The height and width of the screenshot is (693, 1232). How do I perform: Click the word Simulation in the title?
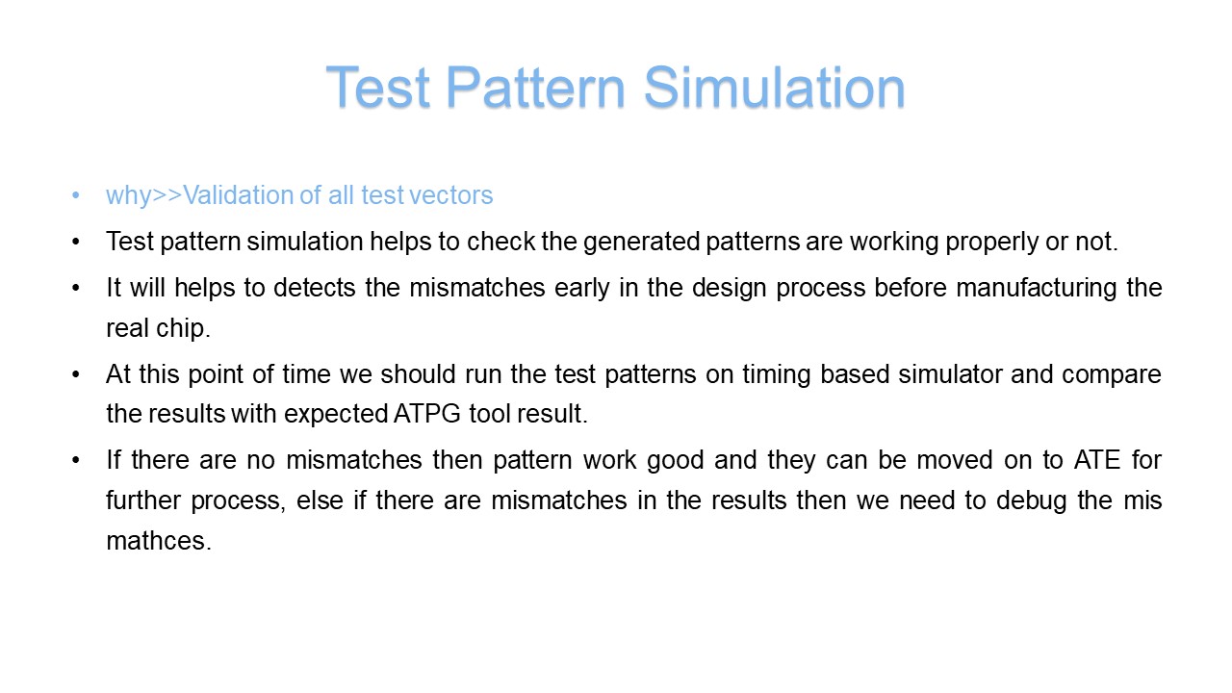[x=775, y=87]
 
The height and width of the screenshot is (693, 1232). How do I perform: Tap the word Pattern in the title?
[x=536, y=87]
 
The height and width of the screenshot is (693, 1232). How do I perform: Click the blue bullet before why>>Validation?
[x=76, y=195]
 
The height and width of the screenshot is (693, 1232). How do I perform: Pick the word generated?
[x=641, y=242]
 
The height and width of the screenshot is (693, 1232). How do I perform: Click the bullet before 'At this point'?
[x=76, y=374]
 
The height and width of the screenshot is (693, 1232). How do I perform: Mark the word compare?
[x=1111, y=375]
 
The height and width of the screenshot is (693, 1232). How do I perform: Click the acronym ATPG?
[x=426, y=414]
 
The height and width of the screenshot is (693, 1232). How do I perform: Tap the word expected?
[x=336, y=415]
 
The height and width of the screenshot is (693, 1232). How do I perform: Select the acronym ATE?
[x=1097, y=460]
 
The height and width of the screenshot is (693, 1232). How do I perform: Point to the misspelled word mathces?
[x=159, y=541]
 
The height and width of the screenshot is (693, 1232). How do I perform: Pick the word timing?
[x=776, y=375]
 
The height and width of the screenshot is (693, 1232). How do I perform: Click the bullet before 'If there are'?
[x=76, y=460]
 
